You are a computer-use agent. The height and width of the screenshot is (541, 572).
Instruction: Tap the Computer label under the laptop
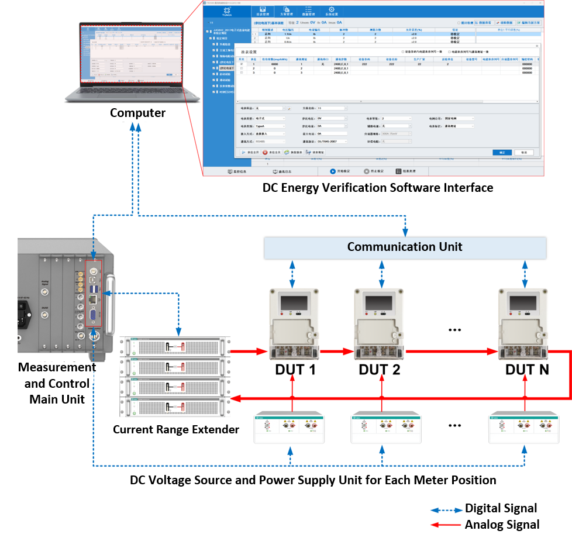[x=138, y=113]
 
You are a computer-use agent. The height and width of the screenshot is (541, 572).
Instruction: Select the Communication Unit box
[x=405, y=247]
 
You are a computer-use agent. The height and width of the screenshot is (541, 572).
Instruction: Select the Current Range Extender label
[x=176, y=430]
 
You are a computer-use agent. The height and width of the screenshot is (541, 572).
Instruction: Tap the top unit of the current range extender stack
[x=175, y=346]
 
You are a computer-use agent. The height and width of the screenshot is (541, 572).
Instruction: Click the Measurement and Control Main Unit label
[x=57, y=384]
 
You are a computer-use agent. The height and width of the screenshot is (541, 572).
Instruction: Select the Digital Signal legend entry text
[x=501, y=508]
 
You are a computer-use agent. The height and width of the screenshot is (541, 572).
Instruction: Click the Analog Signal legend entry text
[x=502, y=525]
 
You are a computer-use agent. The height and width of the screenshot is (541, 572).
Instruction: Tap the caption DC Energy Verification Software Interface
[x=378, y=188]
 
